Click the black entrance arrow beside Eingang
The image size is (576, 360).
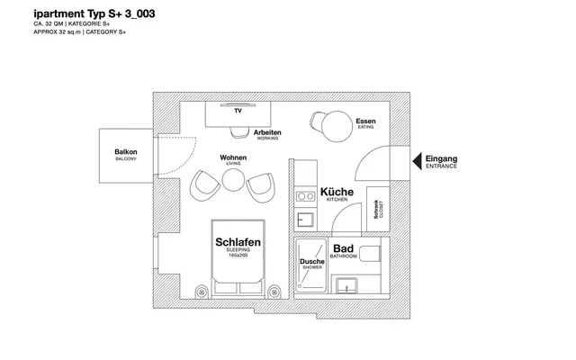(x=418, y=162)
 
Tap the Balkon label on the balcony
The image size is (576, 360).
(x=126, y=152)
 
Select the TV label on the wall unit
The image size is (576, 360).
(x=238, y=111)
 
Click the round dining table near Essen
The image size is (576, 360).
(x=337, y=126)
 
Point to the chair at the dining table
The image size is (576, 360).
(x=317, y=121)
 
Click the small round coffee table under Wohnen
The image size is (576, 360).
(x=233, y=180)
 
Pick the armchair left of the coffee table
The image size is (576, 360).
(x=205, y=185)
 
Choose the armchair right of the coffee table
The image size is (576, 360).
(x=261, y=188)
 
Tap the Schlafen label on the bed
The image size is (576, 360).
(x=238, y=242)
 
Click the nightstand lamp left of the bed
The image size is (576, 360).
(x=202, y=292)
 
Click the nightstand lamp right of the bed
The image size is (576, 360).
(x=274, y=292)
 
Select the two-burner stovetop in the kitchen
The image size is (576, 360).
(x=306, y=196)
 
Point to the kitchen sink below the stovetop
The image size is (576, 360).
(x=305, y=220)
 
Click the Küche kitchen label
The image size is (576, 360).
(x=337, y=192)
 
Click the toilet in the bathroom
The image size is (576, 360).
(x=370, y=254)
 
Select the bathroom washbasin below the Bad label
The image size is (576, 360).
(x=346, y=286)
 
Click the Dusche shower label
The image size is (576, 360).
(x=312, y=262)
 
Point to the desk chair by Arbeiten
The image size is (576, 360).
(x=239, y=132)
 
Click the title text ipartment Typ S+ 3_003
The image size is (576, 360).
(x=94, y=14)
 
